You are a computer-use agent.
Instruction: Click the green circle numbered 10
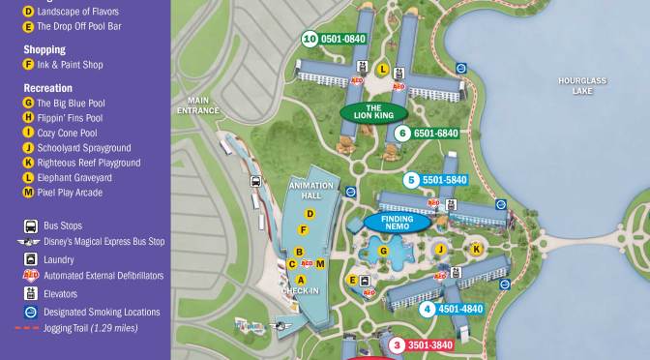(310, 40)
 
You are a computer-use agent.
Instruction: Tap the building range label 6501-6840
(434, 134)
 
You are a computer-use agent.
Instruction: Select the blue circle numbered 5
(411, 179)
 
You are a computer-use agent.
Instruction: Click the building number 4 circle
(427, 310)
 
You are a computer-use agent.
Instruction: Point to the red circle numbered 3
(396, 344)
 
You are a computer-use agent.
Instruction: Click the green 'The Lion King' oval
(372, 111)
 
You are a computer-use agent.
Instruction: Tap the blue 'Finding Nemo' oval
(396, 222)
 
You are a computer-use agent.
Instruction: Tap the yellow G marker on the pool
(383, 252)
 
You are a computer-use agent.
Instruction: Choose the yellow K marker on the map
(475, 249)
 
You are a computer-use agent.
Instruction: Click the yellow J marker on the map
(440, 250)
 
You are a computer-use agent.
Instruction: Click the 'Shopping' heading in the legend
(44, 49)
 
